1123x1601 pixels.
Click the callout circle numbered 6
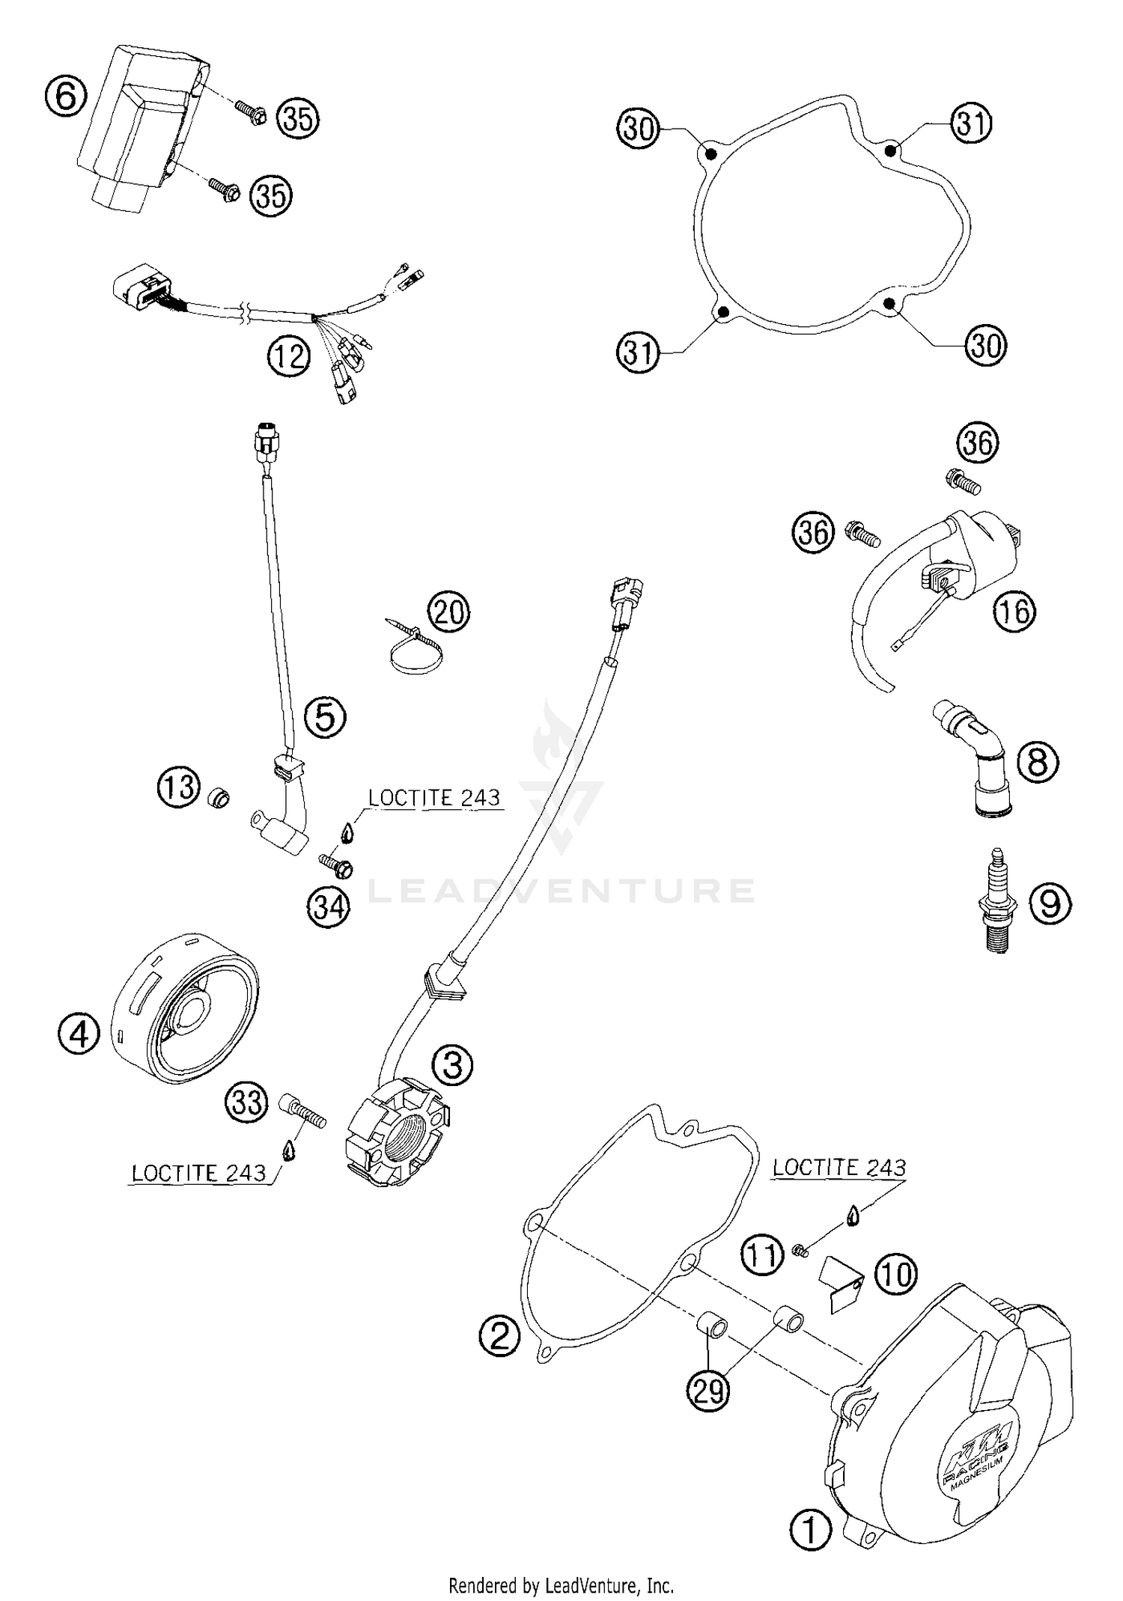coord(66,97)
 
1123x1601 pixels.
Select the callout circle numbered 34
coord(328,907)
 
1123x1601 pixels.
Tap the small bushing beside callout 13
coord(218,798)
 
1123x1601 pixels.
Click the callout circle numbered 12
coord(289,356)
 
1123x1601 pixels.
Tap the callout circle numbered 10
coord(896,1273)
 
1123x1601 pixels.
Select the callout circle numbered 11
coord(763,1254)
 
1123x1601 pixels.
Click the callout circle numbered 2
coord(499,1336)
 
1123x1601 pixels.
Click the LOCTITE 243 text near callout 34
coord(433,798)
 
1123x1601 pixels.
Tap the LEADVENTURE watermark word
coord(561,891)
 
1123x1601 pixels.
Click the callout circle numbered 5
coord(325,717)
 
